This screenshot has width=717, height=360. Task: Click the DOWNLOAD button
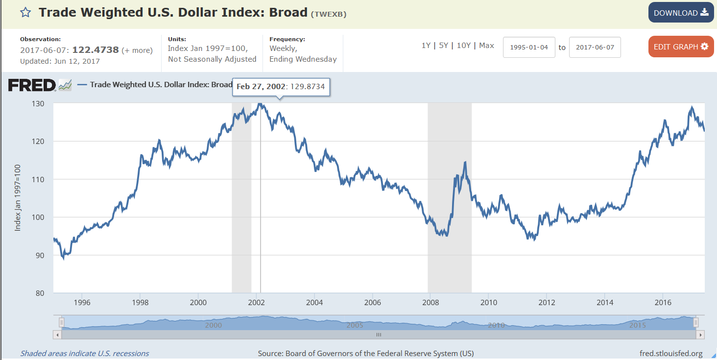[681, 13]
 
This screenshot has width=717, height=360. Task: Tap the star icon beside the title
[25, 13]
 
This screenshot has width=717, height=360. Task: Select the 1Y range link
[426, 46]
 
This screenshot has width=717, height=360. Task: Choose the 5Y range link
[444, 46]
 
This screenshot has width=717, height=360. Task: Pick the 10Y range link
[463, 46]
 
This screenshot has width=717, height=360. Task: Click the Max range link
[486, 46]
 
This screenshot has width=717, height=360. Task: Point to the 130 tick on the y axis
[39, 104]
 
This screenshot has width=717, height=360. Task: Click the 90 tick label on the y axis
[40, 255]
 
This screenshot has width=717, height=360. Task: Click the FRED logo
[32, 85]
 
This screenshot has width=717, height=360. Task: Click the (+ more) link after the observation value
[137, 50]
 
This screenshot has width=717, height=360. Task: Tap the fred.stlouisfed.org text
[671, 353]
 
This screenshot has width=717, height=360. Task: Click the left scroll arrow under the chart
[57, 335]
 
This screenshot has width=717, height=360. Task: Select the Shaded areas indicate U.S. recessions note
[84, 353]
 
